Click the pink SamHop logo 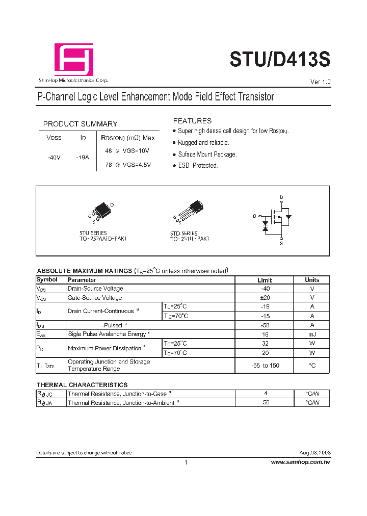[x=74, y=59]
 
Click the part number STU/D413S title [x=280, y=60]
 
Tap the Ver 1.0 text [x=320, y=82]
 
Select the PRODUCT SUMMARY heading [x=80, y=124]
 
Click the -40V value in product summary [x=54, y=158]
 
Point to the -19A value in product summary [x=82, y=158]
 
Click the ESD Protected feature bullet [x=197, y=166]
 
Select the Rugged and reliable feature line [x=203, y=143]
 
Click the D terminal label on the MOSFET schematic [x=281, y=197]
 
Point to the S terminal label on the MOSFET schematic [x=281, y=244]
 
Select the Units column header [x=312, y=280]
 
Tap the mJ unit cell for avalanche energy [x=312, y=334]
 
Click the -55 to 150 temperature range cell [x=265, y=366]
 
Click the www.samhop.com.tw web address [x=300, y=462]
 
